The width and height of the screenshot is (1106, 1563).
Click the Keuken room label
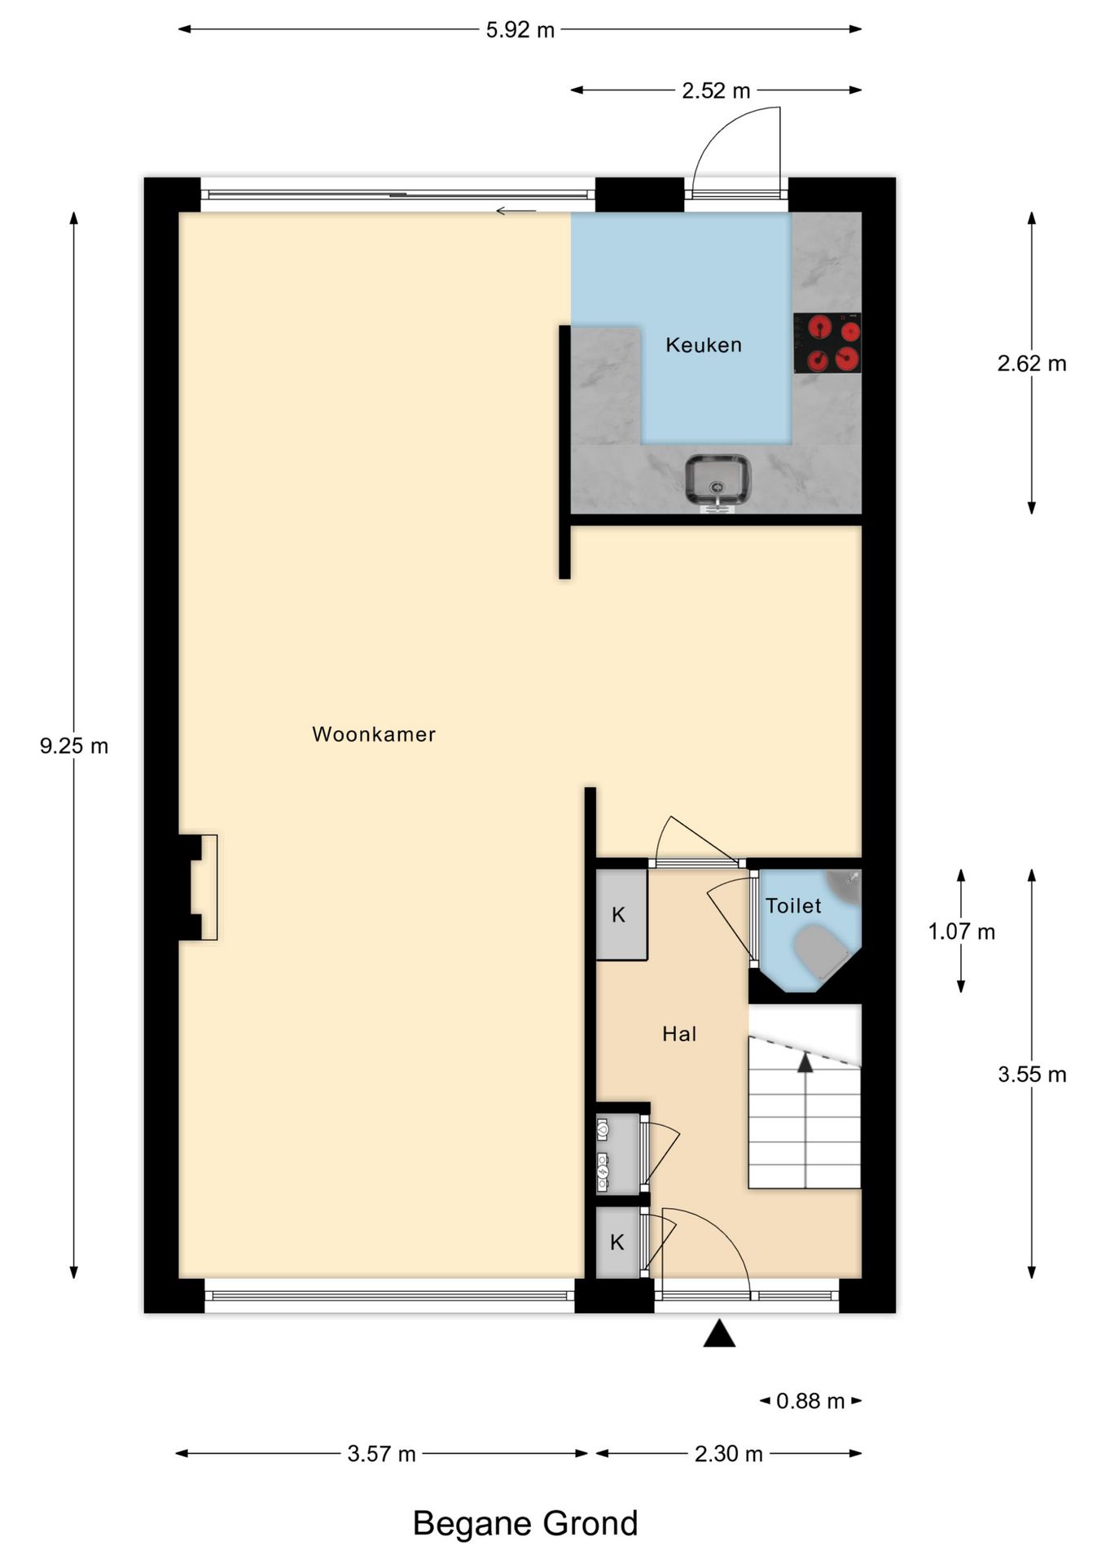coord(704,345)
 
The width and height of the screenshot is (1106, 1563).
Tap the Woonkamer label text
coord(374,734)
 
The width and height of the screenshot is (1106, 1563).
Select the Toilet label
coord(792,906)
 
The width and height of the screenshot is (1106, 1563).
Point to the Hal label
coord(679,1035)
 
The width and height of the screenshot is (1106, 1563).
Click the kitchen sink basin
coord(718,479)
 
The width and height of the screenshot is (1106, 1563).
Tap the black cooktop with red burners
coord(827,344)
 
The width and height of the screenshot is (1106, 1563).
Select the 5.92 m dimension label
coord(520,30)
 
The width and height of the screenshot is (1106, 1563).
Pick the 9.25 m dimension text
coord(74,746)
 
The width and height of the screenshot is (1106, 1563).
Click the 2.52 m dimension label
coord(716,91)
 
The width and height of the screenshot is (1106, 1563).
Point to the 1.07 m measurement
coord(962,932)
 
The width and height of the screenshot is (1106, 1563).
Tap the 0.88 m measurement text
coord(810,1401)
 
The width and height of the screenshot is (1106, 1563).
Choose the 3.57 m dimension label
coord(381,1454)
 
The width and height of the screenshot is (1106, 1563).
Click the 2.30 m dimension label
coord(728,1454)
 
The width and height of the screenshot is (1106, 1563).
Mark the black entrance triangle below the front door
coord(719,1335)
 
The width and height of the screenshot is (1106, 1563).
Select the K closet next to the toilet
coord(620,915)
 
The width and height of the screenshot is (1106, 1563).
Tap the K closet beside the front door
coord(617,1242)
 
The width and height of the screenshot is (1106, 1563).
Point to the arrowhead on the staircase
coord(805,1062)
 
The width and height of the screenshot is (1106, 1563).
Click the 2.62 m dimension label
coord(1031,364)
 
